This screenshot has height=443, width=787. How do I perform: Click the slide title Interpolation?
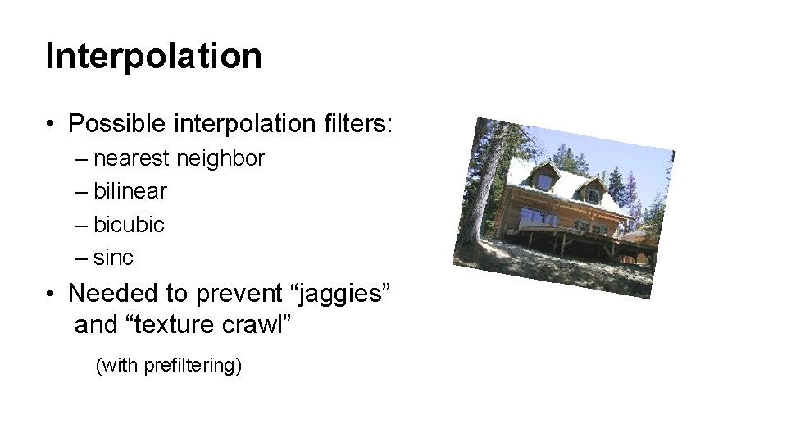[154, 57]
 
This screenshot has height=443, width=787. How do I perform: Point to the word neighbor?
[226, 158]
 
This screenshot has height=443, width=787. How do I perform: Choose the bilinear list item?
[130, 191]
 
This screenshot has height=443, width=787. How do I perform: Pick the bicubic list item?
[129, 224]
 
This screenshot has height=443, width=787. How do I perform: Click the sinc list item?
[114, 258]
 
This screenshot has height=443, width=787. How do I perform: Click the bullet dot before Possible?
[51, 125]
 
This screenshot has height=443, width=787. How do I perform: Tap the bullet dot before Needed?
[51, 293]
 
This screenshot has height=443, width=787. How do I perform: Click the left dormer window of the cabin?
[544, 175]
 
